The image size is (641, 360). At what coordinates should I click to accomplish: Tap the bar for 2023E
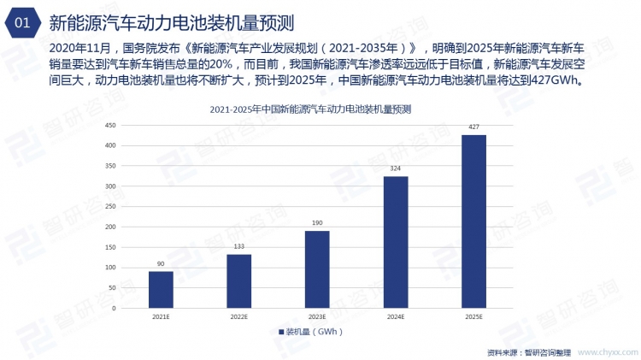click(x=317, y=269)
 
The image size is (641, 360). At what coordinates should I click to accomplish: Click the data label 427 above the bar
click(x=473, y=127)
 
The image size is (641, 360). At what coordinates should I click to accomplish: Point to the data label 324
click(x=396, y=169)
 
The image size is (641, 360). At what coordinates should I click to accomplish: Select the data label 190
click(x=317, y=224)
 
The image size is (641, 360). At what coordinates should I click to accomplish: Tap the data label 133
click(x=239, y=247)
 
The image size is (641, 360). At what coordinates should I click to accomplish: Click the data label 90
click(x=161, y=264)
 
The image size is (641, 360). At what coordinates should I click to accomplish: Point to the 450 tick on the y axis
click(x=110, y=125)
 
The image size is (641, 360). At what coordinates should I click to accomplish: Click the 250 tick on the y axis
click(x=110, y=206)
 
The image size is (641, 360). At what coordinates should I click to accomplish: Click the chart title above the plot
click(x=311, y=109)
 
